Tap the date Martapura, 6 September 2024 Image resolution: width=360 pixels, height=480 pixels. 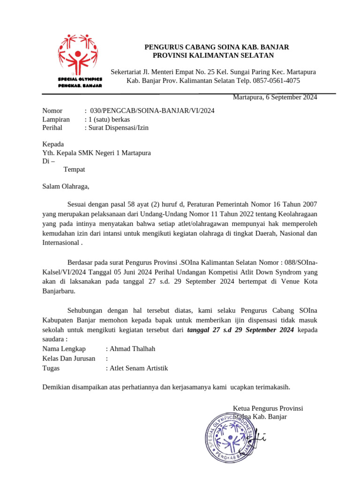tap(275, 97)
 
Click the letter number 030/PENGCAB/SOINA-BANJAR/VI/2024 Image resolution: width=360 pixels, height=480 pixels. tap(152, 111)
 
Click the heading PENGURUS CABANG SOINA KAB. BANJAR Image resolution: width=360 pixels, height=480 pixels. tap(216, 47)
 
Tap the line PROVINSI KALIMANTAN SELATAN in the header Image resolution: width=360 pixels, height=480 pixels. tap(213, 55)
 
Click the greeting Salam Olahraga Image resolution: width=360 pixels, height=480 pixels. tap(65, 186)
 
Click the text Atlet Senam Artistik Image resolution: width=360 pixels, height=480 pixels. tap(139, 368)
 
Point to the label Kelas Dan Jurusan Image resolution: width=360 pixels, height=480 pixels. tap(68, 359)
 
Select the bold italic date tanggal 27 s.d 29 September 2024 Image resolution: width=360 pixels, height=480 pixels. tap(240, 330)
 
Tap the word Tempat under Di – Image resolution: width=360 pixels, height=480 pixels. tap(74, 169)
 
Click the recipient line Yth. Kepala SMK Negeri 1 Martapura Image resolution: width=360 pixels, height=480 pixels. tap(97, 152)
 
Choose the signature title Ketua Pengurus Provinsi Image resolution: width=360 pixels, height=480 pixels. tap(268, 408)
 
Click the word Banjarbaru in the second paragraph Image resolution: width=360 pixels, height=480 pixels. tap(58, 291)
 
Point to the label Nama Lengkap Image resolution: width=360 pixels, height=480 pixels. tap(64, 349)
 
